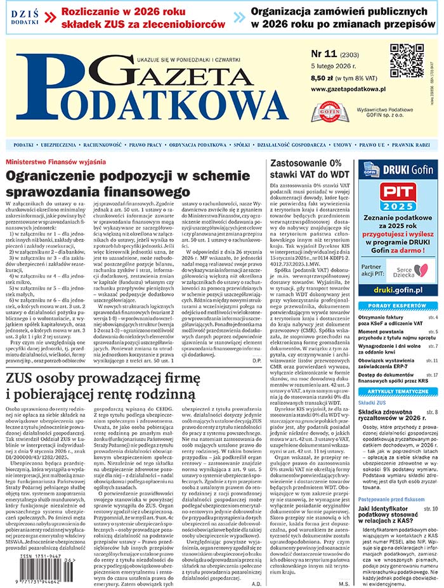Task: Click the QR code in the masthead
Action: click(x=407, y=61)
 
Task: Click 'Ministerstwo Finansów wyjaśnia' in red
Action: click(x=56, y=162)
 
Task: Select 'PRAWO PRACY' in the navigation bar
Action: click(x=147, y=145)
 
